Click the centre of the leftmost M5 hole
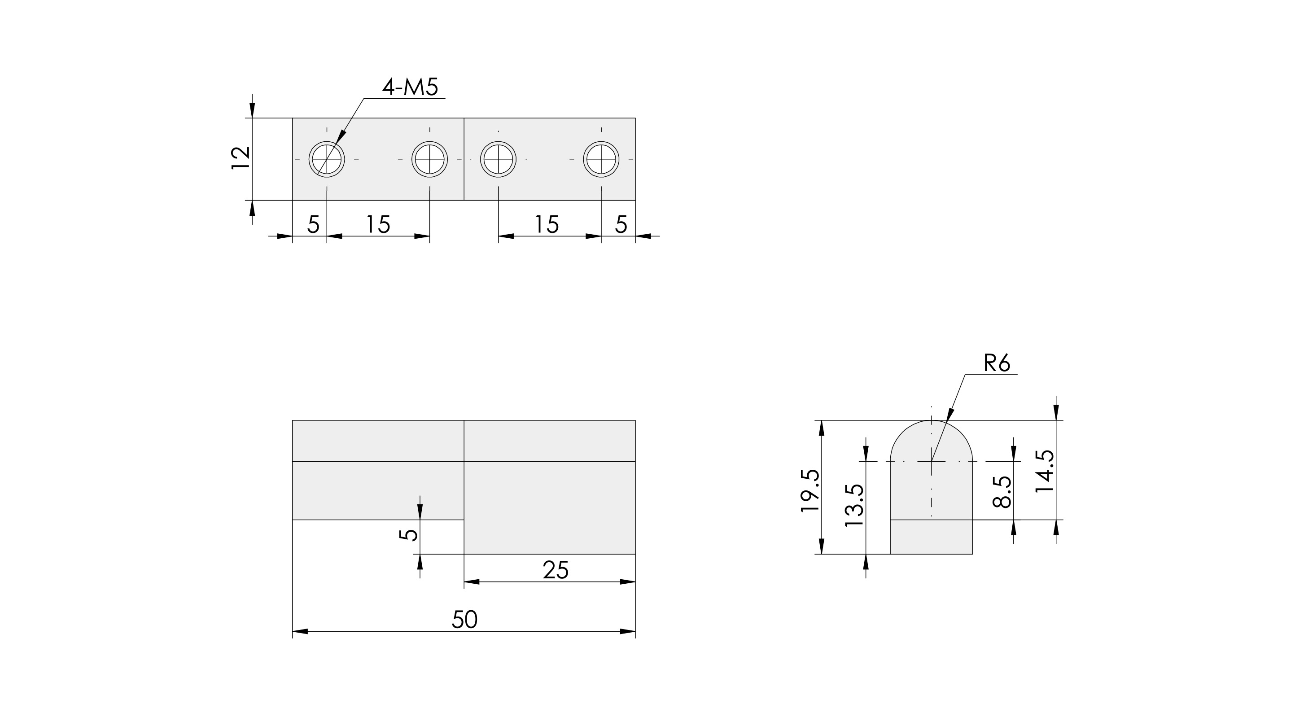tap(327, 159)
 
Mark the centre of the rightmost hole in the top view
tap(601, 159)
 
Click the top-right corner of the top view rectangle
tap(635, 118)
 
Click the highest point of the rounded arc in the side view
tap(932, 420)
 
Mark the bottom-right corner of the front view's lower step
tap(635, 554)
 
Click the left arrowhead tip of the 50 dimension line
tap(293, 631)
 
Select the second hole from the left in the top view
tap(430, 159)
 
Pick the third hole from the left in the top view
tap(498, 159)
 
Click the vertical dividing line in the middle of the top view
tap(464, 159)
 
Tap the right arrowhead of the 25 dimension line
tap(628, 582)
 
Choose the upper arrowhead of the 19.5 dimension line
tap(822, 428)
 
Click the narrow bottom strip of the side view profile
tap(932, 537)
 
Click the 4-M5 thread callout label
tap(410, 87)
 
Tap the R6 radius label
tap(997, 363)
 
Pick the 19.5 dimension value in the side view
tap(810, 491)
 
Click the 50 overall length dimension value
tap(464, 620)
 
